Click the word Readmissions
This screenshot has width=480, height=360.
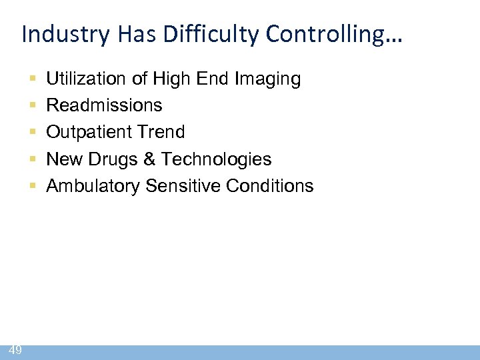click(x=104, y=106)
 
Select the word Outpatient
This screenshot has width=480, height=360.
click(x=89, y=133)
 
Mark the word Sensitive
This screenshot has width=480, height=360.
click(x=185, y=186)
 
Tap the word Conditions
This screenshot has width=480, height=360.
click(x=270, y=186)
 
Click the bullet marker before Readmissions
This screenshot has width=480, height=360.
click(x=33, y=106)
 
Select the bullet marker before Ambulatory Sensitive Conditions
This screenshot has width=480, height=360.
click(x=33, y=186)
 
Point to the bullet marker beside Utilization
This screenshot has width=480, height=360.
click(x=33, y=79)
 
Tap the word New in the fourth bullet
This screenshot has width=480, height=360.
click(x=63, y=159)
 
